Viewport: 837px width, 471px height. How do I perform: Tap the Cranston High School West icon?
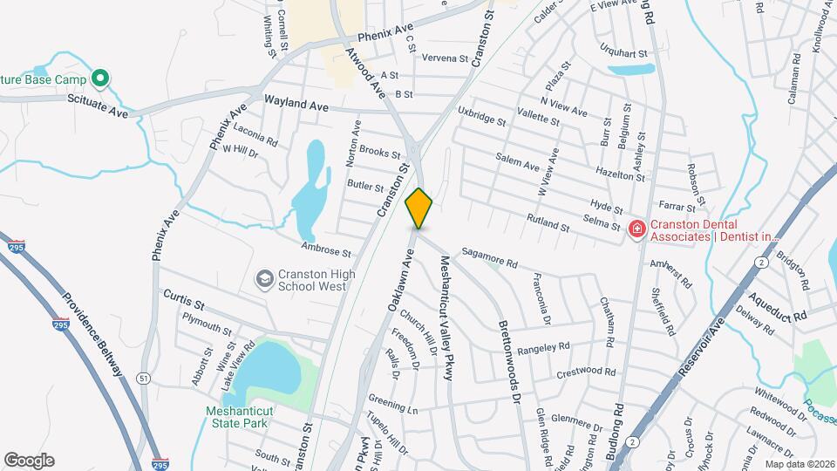pyautogui.click(x=262, y=279)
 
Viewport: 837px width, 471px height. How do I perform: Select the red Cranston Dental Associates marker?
pyautogui.click(x=637, y=229)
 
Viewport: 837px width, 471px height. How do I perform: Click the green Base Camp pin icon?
pyautogui.click(x=100, y=80)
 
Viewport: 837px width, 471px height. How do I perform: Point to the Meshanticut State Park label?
pyautogui.click(x=237, y=417)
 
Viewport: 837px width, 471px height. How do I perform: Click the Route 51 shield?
pyautogui.click(x=142, y=378)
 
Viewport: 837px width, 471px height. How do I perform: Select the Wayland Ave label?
pyautogui.click(x=296, y=104)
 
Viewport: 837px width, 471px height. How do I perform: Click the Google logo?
pyautogui.click(x=29, y=460)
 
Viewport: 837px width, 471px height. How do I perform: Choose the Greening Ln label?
pyautogui.click(x=392, y=404)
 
